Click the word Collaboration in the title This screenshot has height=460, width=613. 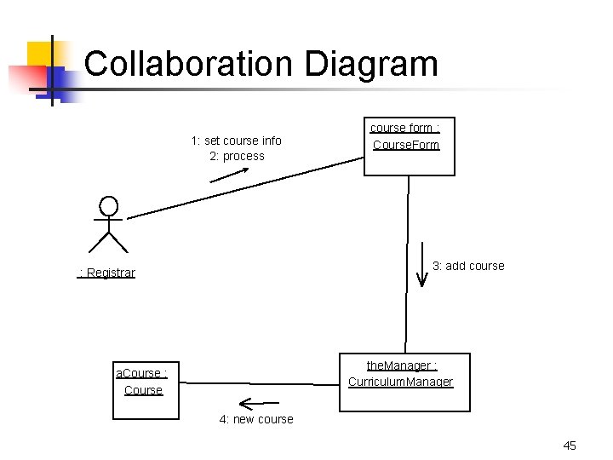(x=188, y=65)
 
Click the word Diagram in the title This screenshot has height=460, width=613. (x=370, y=65)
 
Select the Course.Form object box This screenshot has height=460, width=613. (x=409, y=147)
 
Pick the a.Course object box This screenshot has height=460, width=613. (x=146, y=391)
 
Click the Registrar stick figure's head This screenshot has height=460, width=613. (x=108, y=206)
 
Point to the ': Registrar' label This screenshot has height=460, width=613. (x=106, y=273)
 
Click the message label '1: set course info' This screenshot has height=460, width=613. (x=236, y=140)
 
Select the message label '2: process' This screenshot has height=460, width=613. (x=237, y=156)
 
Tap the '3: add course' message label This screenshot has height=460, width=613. (x=468, y=266)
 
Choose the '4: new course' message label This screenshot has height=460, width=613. (x=255, y=419)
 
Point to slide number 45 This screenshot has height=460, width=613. (x=570, y=446)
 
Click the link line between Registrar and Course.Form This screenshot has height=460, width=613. (x=247, y=187)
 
